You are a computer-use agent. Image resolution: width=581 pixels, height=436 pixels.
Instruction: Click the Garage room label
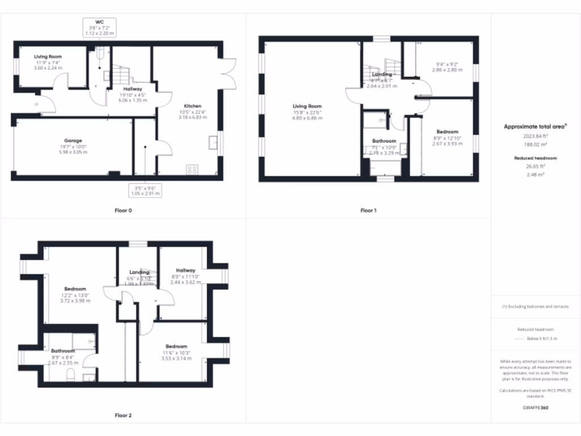coord(73,140)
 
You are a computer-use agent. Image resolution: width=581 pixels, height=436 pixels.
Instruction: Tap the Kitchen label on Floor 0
coord(192,106)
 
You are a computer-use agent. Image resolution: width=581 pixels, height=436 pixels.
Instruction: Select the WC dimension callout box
coord(100,28)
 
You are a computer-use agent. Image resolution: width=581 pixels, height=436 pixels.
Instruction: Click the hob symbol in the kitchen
coord(192,168)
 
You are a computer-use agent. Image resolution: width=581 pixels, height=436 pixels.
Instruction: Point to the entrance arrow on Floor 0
coord(36,104)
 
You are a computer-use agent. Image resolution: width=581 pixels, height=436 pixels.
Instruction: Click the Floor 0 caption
coord(123,210)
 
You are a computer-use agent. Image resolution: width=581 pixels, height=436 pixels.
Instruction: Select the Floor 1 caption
coord(368,210)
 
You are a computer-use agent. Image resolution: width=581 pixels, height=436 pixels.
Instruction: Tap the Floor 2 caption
coord(123,415)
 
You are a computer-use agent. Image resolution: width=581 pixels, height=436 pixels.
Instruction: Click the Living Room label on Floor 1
coord(307,106)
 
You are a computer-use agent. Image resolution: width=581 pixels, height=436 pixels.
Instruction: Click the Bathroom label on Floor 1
coord(384,141)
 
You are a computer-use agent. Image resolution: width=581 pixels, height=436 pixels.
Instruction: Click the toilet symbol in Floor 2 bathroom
coord(71,374)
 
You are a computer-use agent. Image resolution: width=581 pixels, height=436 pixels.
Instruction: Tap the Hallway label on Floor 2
coord(186,270)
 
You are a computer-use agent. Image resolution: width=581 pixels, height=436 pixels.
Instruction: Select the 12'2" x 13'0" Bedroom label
coord(75,289)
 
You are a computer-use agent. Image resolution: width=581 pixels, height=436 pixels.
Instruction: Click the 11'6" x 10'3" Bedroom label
coord(176,346)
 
